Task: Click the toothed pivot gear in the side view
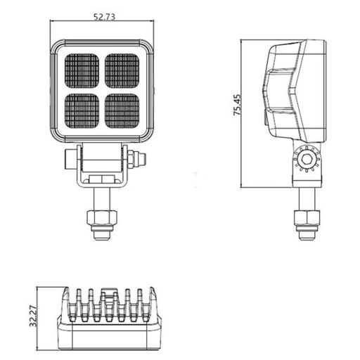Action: pyautogui.click(x=307, y=161)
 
